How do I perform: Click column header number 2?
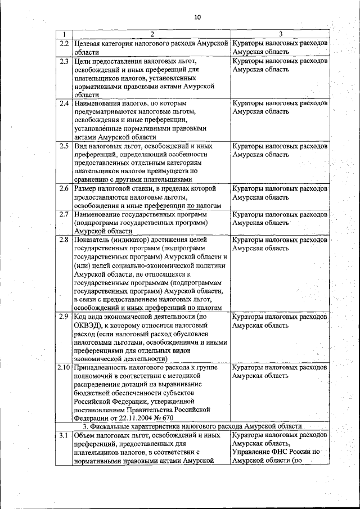[151, 35]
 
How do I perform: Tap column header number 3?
[280, 35]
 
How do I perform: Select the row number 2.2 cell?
[64, 43]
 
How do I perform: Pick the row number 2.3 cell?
[64, 61]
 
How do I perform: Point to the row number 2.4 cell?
[64, 103]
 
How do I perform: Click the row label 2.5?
[64, 146]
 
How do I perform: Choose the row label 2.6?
[64, 188]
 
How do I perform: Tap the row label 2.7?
[64, 214]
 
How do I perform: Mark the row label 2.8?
[64, 240]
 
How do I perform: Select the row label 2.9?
[64, 317]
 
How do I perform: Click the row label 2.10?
[64, 367]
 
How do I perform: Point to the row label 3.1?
[64, 435]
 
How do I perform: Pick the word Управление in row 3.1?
[253, 452]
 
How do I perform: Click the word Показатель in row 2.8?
[93, 240]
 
